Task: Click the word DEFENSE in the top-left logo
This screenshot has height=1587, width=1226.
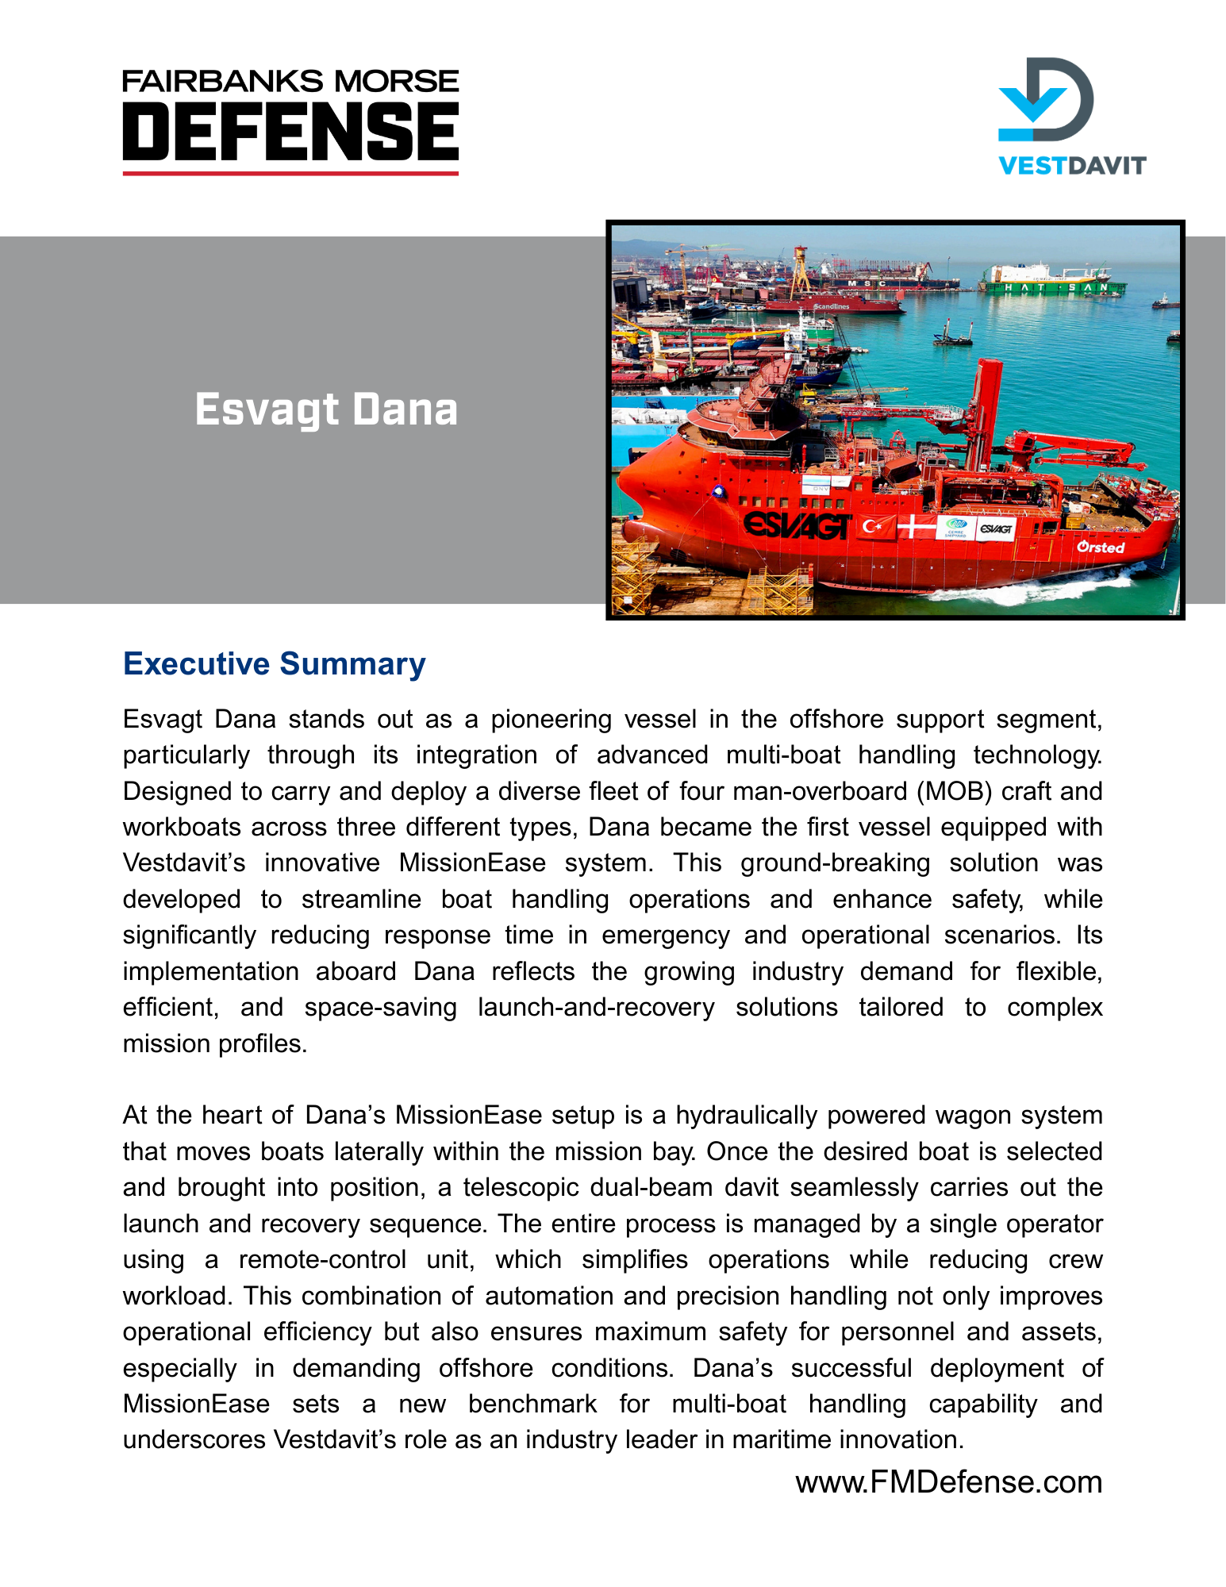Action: point(290,130)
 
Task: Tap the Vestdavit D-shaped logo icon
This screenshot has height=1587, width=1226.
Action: point(1046,99)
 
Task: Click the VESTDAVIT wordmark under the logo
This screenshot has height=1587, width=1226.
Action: point(1072,166)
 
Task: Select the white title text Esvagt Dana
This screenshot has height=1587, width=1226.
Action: point(326,410)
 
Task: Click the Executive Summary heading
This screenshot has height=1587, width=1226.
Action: point(274,664)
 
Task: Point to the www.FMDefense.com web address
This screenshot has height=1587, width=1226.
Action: point(948,1482)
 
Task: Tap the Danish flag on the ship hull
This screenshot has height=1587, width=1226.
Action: point(917,525)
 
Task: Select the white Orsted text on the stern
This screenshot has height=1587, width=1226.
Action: point(1101,548)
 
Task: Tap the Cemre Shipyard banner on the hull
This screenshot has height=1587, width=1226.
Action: point(955,528)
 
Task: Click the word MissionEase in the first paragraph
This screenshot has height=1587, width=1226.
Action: point(472,863)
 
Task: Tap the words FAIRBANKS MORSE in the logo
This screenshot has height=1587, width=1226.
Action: point(290,81)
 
